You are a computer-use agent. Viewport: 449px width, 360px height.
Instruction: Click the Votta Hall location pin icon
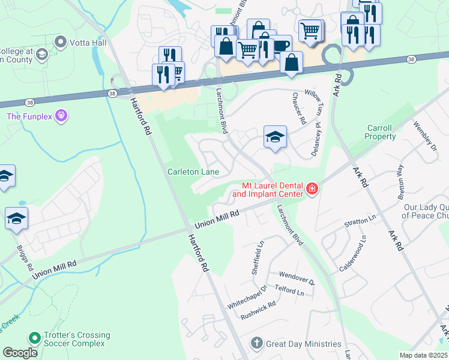pos(60,42)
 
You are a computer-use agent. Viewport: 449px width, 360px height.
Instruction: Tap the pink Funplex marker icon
pos(60,115)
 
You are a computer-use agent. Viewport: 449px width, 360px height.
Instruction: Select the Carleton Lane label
pos(193,172)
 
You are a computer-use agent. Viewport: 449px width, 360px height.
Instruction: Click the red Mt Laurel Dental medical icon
pos(312,190)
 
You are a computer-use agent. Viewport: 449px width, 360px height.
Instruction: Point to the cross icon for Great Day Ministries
pos(256,343)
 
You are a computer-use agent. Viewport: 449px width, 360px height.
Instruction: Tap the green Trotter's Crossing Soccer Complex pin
pos(34,339)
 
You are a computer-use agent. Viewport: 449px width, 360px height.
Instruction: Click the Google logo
pos(20,353)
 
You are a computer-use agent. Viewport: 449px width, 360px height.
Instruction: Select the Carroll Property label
pos(381,132)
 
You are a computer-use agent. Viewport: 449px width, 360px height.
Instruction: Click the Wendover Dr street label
pos(297,277)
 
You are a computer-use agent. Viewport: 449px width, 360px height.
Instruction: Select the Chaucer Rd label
pos(298,106)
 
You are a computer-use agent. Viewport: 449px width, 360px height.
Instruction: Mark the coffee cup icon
pos(280,45)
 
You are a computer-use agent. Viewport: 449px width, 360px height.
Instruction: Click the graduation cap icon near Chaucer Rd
pos(274,137)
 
